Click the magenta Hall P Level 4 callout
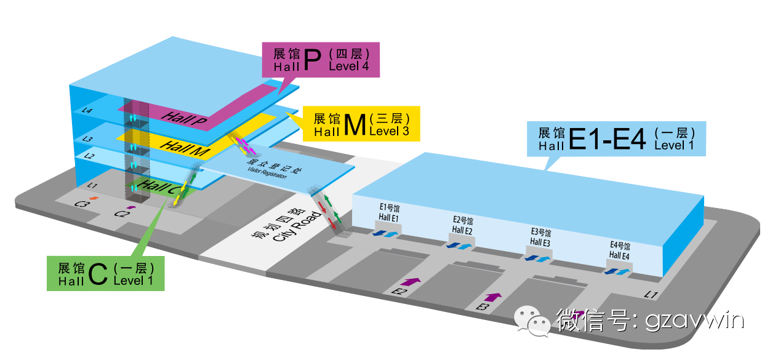321,60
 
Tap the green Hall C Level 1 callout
106,273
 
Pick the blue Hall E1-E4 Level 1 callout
616,138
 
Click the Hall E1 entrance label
389,212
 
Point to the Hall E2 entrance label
462,226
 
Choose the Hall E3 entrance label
540,238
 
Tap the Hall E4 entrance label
619,250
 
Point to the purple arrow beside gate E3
492,297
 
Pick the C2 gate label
121,214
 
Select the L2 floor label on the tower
90,157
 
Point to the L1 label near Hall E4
651,295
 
